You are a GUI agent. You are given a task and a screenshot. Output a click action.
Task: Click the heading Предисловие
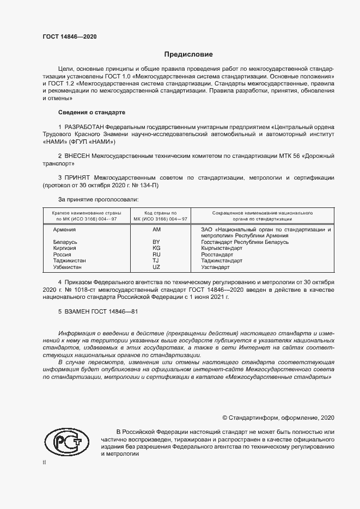[x=188, y=54]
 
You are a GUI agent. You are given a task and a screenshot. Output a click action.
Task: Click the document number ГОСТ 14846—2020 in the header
[x=70, y=36]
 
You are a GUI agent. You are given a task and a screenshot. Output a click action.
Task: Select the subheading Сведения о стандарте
[x=91, y=112]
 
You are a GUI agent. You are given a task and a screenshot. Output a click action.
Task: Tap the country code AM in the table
[x=157, y=230]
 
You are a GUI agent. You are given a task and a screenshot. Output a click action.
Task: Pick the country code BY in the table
[x=156, y=241]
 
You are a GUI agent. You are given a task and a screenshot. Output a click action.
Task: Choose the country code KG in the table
[x=156, y=248]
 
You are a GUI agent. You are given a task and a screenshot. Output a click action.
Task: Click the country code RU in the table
[x=156, y=254]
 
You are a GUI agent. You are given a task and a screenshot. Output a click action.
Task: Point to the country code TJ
[x=156, y=261]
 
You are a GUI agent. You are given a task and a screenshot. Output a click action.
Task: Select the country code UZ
[x=156, y=267]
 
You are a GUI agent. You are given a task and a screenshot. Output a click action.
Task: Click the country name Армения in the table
[x=64, y=230]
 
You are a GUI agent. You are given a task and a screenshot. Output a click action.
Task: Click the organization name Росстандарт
[x=217, y=254]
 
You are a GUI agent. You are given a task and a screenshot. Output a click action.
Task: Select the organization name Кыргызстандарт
[x=221, y=248]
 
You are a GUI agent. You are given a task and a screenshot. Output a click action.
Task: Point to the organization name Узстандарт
[x=215, y=267]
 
